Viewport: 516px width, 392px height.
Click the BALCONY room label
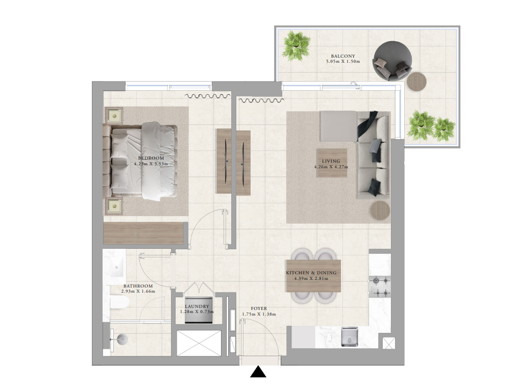[x=343, y=56]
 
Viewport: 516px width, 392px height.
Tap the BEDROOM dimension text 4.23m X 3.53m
[x=151, y=164]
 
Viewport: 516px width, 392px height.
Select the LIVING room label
[x=331, y=161]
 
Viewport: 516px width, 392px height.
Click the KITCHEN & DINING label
[x=311, y=273]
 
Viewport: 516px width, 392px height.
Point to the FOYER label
[x=259, y=308]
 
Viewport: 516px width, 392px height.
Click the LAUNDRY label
[x=197, y=306]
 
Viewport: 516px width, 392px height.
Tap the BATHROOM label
[x=138, y=286]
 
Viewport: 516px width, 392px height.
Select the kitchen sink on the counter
[x=350, y=336]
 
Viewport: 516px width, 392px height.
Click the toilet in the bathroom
[x=118, y=302]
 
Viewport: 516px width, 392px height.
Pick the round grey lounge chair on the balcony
[x=392, y=61]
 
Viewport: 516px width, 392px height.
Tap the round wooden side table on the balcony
[x=416, y=82]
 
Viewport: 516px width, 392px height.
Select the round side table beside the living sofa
[x=380, y=210]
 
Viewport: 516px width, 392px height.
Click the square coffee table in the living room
[x=332, y=163]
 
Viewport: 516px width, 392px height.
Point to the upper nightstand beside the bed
[x=114, y=116]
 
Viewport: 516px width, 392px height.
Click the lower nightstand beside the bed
[x=114, y=206]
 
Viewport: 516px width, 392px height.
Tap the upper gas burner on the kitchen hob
[x=376, y=280]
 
